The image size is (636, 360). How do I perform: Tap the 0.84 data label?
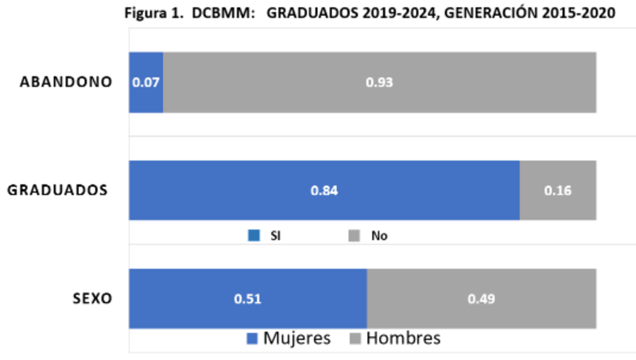click(324, 191)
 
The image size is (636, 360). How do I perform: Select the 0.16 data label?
click(558, 191)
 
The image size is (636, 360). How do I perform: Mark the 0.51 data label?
click(247, 299)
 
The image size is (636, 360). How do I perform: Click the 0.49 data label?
click(481, 299)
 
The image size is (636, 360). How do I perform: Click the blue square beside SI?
click(254, 235)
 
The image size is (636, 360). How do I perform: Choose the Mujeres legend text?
click(297, 339)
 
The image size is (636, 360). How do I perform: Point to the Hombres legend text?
click(403, 339)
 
